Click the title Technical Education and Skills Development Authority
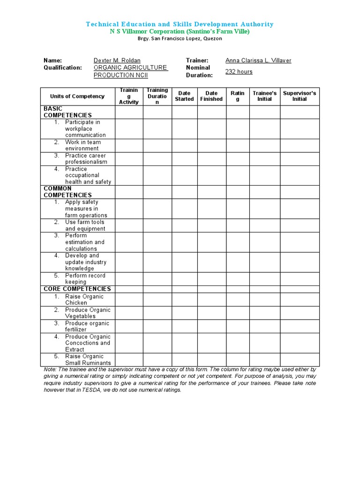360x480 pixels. click(x=180, y=24)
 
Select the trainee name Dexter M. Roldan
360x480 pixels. click(x=117, y=60)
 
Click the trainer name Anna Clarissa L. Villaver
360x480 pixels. click(x=258, y=60)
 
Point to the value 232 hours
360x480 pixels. click(x=239, y=72)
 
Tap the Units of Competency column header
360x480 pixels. click(x=77, y=96)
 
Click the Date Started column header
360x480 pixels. click(x=184, y=96)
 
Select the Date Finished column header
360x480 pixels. click(x=211, y=96)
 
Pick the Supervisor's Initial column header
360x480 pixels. click(x=300, y=96)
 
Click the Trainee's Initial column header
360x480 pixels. click(x=264, y=96)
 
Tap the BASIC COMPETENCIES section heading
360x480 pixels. click(x=67, y=112)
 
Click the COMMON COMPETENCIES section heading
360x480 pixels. click(x=67, y=192)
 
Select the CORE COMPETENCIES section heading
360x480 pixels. click(x=77, y=289)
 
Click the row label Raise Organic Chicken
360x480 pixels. click(x=84, y=300)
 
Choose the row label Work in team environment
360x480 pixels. click(x=82, y=145)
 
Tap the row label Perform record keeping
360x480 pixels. click(x=85, y=279)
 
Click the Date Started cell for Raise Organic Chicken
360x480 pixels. click(x=184, y=300)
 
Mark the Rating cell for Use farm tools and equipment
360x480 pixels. click(x=238, y=225)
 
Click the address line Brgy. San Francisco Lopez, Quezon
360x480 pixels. click(x=180, y=38)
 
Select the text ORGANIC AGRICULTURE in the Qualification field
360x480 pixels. click(x=130, y=67)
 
